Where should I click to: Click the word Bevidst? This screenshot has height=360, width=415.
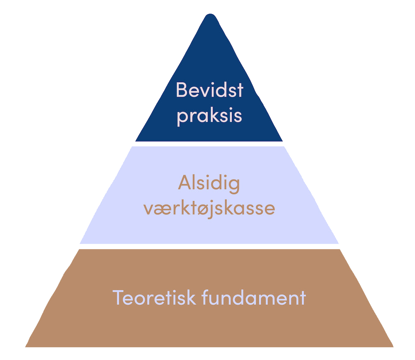[x=209, y=90]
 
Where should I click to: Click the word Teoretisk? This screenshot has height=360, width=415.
[x=154, y=297]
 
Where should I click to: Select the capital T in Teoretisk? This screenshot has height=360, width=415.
[x=118, y=297]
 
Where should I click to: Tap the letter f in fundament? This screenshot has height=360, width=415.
[x=205, y=297]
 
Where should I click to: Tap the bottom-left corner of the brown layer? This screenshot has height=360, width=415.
[x=26, y=346]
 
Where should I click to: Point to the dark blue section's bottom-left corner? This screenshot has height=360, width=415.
[x=136, y=141]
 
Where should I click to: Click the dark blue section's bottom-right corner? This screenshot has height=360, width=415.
[x=282, y=141]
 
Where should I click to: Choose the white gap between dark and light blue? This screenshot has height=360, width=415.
[x=209, y=144]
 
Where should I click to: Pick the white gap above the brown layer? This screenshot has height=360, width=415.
[x=209, y=246]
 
